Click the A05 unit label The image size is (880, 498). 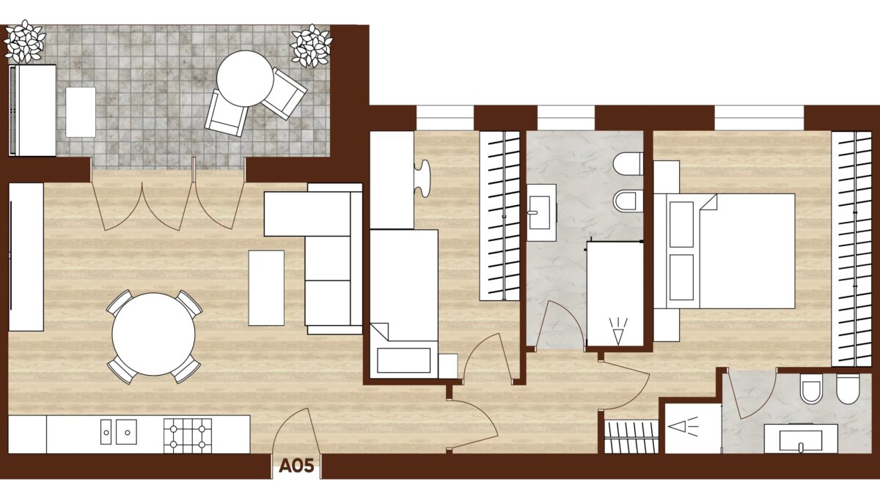(296, 466)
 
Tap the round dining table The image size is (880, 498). (153, 334)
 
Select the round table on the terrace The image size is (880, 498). (245, 78)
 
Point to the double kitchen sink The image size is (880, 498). (119, 432)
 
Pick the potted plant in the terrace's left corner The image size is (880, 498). (25, 42)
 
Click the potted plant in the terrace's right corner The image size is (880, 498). (311, 46)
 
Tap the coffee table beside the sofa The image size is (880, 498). (266, 288)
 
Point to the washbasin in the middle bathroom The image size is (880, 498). (541, 212)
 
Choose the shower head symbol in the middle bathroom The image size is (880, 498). (618, 331)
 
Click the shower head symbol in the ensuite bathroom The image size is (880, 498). (683, 426)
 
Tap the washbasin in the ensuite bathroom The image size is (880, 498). (801, 439)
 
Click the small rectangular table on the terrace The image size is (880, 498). (81, 112)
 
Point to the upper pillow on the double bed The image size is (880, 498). (681, 225)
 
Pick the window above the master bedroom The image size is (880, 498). (759, 118)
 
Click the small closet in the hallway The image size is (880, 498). (631, 436)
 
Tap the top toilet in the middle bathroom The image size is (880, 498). (628, 164)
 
